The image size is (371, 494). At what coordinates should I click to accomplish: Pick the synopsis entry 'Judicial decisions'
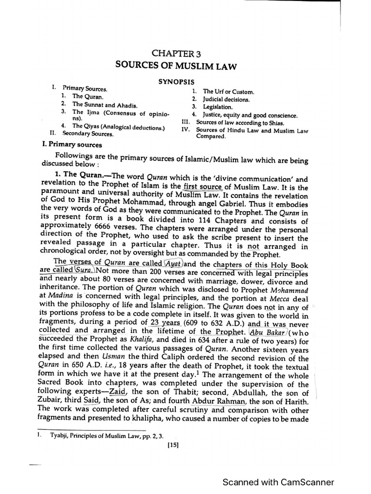(226, 99)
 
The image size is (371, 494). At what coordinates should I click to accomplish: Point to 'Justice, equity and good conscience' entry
(250, 115)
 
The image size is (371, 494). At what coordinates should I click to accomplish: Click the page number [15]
(172, 446)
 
